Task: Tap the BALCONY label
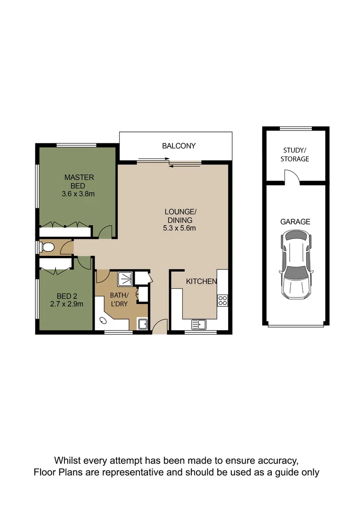(179, 146)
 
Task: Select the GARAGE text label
(295, 222)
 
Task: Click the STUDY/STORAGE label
(295, 155)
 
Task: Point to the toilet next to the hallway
(48, 247)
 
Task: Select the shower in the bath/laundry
(125, 278)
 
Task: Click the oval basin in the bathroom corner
(103, 322)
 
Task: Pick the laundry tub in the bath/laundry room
(142, 324)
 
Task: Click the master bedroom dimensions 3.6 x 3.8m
(79, 194)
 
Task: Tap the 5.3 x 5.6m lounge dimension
(177, 229)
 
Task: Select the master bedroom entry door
(106, 231)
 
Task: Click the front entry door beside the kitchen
(160, 326)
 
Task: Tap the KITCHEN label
(201, 282)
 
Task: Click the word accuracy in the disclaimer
(276, 460)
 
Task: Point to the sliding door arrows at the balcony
(170, 162)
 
